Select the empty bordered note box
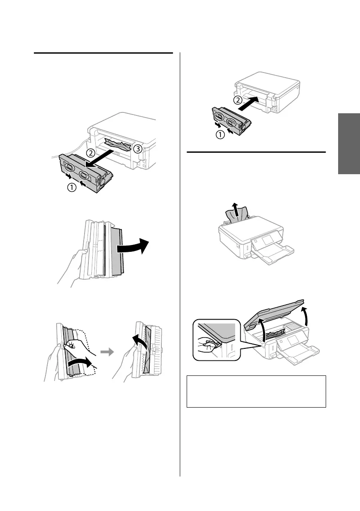257,391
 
